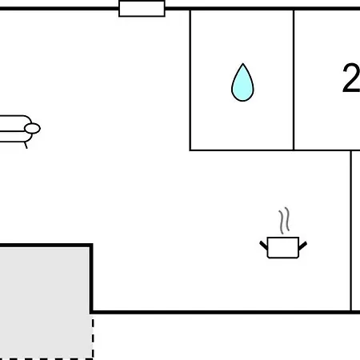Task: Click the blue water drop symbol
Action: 242,82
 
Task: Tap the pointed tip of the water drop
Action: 243,64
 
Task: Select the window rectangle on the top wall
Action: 142,9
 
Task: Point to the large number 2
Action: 351,78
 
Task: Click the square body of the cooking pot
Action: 283,247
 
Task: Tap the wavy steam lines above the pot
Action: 284,221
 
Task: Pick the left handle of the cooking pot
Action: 263,246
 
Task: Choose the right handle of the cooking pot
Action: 302,246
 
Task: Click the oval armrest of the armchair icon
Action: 32,129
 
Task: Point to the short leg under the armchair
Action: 26,146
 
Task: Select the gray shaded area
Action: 45,302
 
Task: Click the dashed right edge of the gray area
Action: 93,337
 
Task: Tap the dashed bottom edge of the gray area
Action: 46,358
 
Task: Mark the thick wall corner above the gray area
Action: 91,245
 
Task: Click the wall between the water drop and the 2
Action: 294,80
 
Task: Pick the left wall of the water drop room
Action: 190,80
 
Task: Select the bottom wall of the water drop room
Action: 242,150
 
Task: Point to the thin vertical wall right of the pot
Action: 351,230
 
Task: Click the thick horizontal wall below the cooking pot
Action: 226,312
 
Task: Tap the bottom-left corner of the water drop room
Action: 190,150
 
